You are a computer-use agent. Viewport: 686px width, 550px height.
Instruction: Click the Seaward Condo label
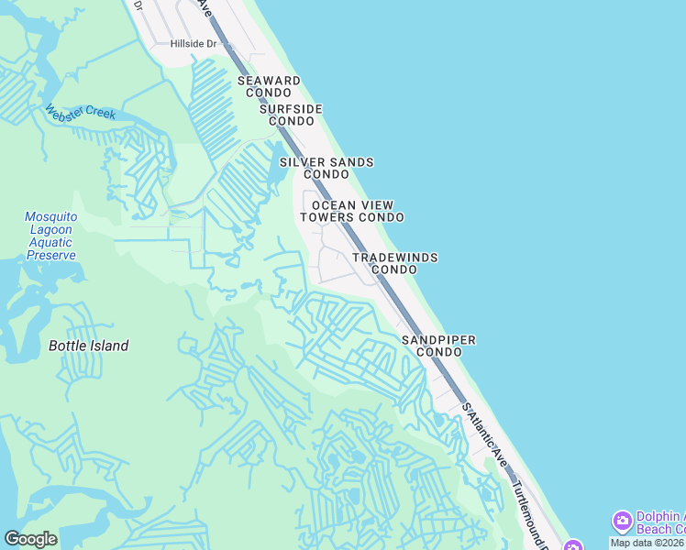(269, 87)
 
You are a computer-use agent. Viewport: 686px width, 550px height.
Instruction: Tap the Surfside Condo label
(291, 115)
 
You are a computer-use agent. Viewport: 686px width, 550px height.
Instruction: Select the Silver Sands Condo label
(326, 168)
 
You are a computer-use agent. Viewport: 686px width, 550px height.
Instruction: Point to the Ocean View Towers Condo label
(352, 212)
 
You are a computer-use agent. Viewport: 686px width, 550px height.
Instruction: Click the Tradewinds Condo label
(395, 264)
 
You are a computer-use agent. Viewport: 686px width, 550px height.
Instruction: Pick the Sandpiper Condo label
(438, 346)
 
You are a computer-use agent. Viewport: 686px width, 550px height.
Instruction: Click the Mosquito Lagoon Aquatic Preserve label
(50, 236)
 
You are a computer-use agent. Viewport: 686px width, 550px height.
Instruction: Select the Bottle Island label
(88, 346)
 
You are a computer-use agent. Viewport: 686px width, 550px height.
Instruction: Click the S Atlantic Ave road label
(485, 434)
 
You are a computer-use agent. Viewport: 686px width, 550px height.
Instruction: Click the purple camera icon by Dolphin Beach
(622, 522)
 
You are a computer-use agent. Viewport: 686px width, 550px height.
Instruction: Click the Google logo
(30, 539)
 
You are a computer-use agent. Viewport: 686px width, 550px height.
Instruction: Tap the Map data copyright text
(647, 543)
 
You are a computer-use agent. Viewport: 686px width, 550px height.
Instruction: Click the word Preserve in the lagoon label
(50, 255)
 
